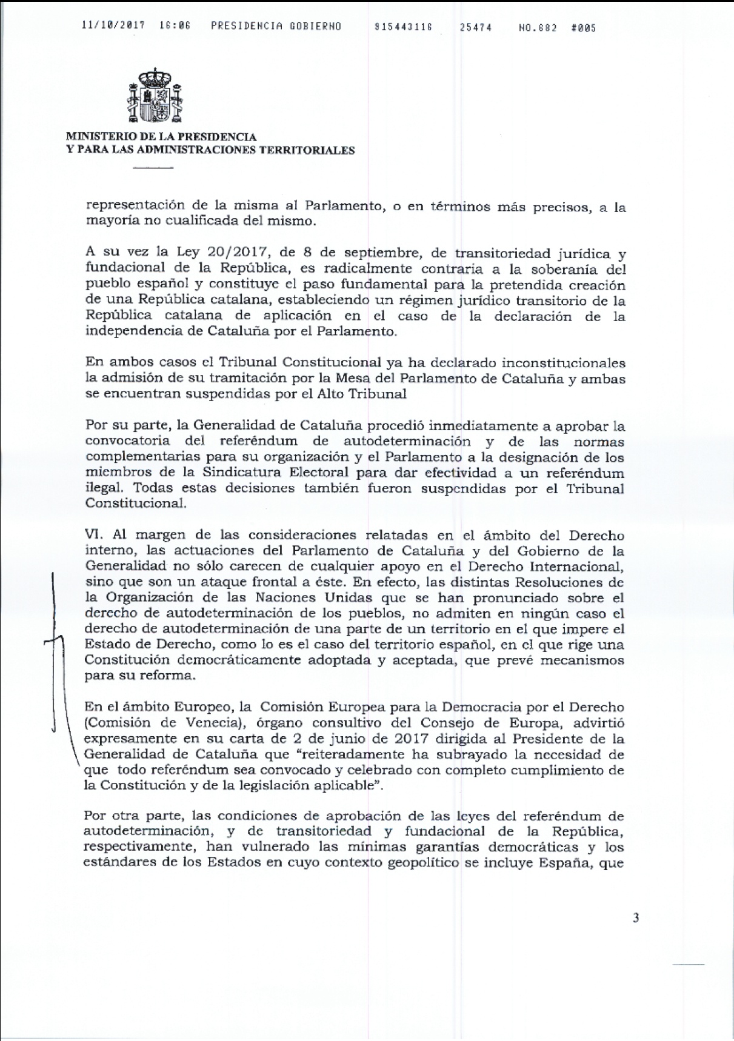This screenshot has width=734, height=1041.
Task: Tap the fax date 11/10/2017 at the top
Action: (x=113, y=27)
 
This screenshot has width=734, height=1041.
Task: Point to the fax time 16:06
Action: (x=175, y=27)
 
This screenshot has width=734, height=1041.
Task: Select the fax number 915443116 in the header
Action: (x=404, y=27)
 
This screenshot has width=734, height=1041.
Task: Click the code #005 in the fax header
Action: (x=584, y=28)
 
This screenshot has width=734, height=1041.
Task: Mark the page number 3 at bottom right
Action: (x=636, y=918)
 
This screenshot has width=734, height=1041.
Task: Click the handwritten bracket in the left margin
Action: (x=56, y=642)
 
